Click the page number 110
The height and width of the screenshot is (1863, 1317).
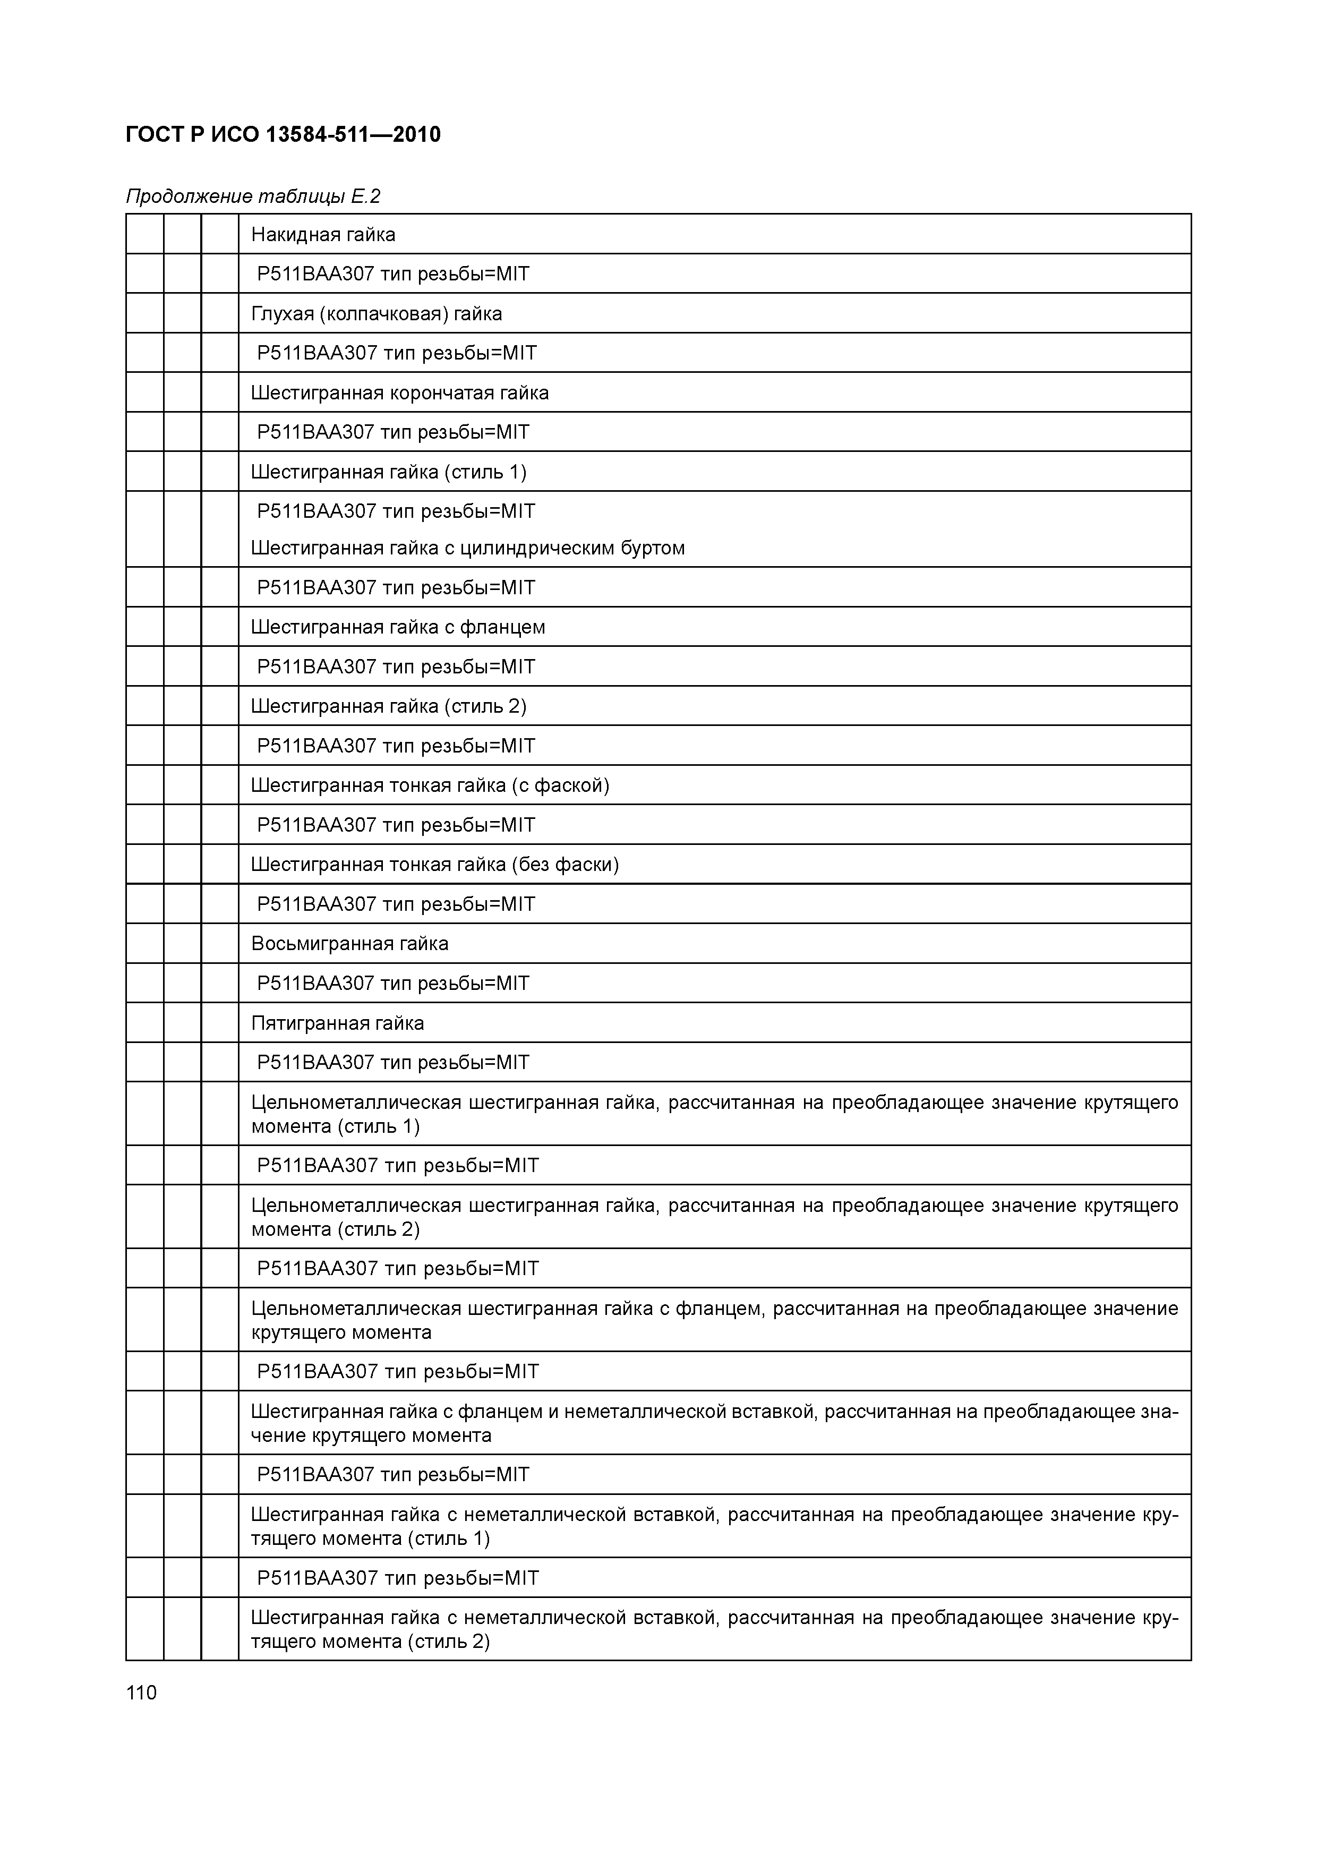pos(141,1693)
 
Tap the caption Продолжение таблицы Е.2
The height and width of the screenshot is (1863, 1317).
pos(253,196)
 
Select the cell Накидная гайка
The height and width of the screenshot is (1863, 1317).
pos(323,235)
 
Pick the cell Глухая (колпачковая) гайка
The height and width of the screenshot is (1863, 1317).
pos(377,313)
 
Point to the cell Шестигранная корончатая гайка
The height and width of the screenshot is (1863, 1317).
pos(399,392)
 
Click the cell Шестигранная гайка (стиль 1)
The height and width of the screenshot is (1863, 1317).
pos(389,472)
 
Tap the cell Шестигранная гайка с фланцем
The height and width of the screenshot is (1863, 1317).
pos(398,627)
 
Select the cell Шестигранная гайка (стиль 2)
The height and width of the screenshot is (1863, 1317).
pos(389,706)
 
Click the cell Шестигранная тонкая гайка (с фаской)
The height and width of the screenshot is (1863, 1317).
pos(430,784)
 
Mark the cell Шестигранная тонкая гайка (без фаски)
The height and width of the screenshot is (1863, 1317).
pos(435,864)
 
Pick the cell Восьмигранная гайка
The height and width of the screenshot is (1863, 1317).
pos(350,943)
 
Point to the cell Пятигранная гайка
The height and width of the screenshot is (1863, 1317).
pos(338,1022)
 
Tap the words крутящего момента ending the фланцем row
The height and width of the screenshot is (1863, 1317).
pos(341,1331)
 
